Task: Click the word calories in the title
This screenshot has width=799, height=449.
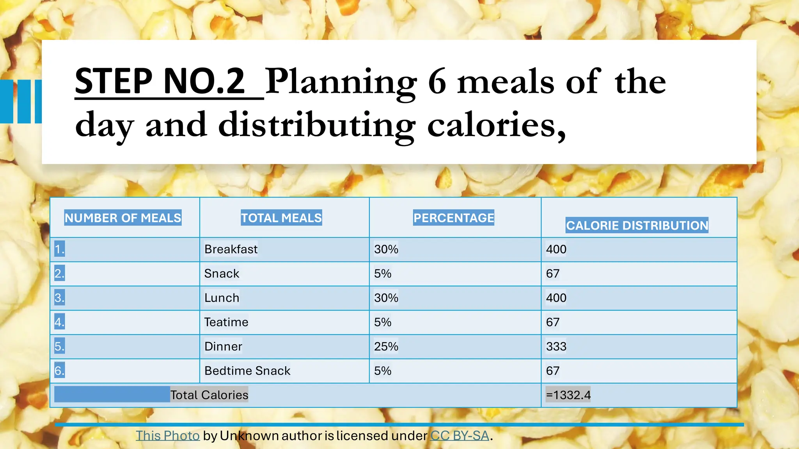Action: tap(495, 125)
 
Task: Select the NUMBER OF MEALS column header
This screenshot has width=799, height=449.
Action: tap(123, 217)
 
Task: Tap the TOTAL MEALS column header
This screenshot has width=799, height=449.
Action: tap(281, 217)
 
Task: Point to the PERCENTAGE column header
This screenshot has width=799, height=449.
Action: tap(454, 217)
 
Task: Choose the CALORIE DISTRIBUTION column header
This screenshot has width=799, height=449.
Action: tap(637, 225)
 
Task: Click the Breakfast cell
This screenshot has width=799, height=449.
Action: tap(231, 249)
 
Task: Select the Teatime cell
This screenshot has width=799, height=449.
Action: tap(226, 322)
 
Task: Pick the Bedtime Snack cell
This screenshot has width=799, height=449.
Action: tap(247, 371)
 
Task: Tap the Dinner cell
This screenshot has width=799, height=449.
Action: tap(223, 346)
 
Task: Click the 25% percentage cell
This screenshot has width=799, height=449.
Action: tap(386, 346)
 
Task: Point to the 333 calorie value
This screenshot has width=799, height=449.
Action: tap(556, 346)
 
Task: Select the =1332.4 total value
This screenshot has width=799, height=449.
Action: tap(568, 395)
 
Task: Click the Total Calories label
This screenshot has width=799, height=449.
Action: tap(209, 395)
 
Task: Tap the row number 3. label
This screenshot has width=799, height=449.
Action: tap(59, 298)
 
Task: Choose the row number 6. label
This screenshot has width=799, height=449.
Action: tap(59, 371)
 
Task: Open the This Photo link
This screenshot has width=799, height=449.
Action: tap(168, 436)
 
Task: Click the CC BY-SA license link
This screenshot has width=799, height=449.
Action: tap(460, 436)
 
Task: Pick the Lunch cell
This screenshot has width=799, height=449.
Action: tap(222, 298)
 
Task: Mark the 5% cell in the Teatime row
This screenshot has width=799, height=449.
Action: tap(383, 322)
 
